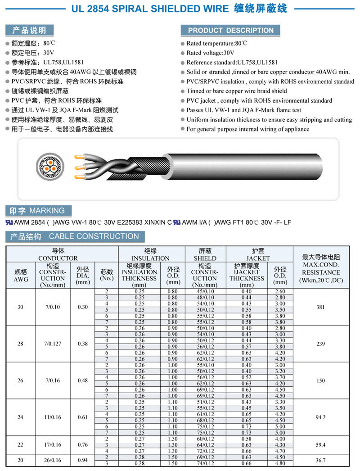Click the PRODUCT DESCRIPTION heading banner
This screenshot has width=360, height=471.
[230, 30]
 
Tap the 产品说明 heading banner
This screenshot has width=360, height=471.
[29, 30]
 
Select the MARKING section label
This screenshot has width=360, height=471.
[38, 210]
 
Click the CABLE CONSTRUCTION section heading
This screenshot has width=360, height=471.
[75, 236]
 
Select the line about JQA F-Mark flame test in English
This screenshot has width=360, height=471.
[244, 110]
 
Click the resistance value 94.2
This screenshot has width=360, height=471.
[320, 417]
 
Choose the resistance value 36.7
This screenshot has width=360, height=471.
[320, 461]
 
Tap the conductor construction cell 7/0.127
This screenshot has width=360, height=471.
[53, 344]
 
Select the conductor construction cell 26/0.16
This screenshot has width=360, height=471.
[53, 461]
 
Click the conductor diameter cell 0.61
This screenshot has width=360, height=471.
[82, 417]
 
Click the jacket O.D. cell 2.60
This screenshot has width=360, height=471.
[280, 291]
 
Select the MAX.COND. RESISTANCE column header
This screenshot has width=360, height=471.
[320, 269]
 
